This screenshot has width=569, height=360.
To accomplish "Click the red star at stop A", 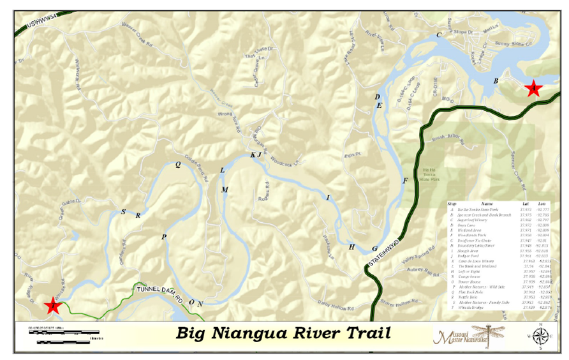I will tap(532, 88).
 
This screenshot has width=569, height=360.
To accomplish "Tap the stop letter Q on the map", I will tap(178, 164).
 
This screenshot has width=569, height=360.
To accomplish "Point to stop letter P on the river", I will tap(164, 237).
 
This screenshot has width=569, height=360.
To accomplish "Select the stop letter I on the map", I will tap(328, 198).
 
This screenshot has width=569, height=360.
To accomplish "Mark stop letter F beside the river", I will tap(404, 181).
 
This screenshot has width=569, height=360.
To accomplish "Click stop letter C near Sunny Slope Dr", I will tap(438, 34).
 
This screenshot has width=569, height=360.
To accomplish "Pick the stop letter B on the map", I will tap(496, 80).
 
